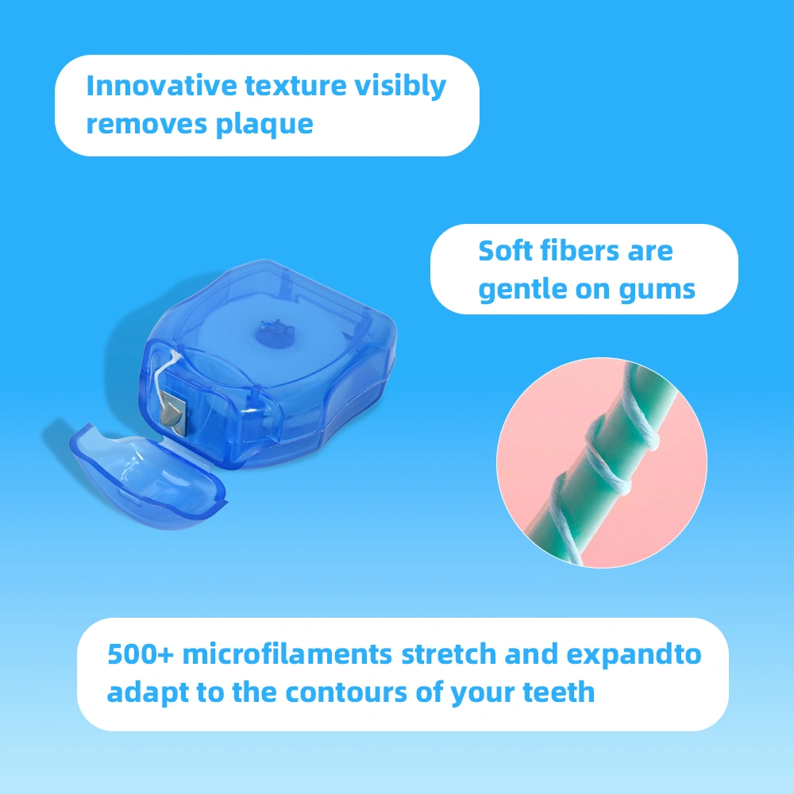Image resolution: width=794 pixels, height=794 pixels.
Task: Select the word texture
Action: click(291, 85)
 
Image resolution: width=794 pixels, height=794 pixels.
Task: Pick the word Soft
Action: click(504, 251)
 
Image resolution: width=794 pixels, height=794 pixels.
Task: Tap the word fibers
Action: click(580, 251)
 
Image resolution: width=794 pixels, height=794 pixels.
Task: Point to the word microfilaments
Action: click(287, 654)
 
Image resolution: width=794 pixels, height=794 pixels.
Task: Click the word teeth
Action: click(559, 692)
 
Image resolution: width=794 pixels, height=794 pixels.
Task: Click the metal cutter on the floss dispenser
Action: click(172, 412)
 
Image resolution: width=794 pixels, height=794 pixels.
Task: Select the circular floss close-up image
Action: click(601, 463)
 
